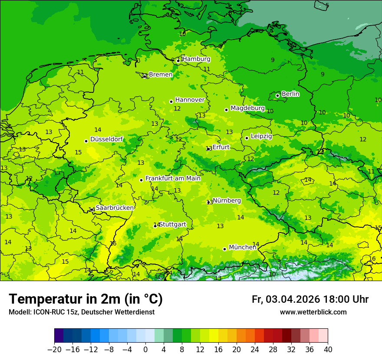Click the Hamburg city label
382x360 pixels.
(196, 59)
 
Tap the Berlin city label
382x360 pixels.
(290, 94)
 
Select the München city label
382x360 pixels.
(242, 247)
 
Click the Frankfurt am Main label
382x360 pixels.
(173, 178)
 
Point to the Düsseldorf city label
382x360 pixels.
(106, 139)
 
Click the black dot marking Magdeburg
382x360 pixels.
(226, 110)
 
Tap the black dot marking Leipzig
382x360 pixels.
(247, 138)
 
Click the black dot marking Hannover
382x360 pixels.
(171, 101)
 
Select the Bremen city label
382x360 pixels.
(161, 75)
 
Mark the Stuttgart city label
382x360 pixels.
(173, 224)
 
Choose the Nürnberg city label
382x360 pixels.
(227, 200)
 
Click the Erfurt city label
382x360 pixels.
(221, 147)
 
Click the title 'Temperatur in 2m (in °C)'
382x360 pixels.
(86, 299)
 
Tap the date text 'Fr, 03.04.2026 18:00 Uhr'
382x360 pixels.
(310, 299)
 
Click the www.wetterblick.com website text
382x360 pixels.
(313, 312)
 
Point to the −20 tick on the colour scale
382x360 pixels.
(55, 350)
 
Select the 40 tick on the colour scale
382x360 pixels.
(328, 350)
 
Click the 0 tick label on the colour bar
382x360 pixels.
(145, 350)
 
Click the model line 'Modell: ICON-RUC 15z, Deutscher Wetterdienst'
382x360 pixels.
(81, 312)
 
